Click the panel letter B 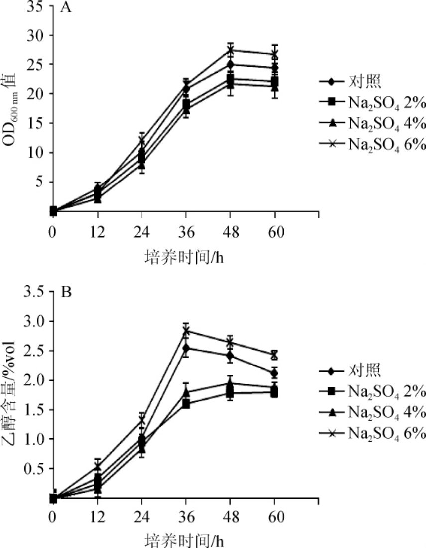(66, 292)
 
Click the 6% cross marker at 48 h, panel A (230, 50)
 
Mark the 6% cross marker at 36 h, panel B (186, 331)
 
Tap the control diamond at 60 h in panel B (274, 373)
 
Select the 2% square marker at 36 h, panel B (186, 404)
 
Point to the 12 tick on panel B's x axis (98, 517)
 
